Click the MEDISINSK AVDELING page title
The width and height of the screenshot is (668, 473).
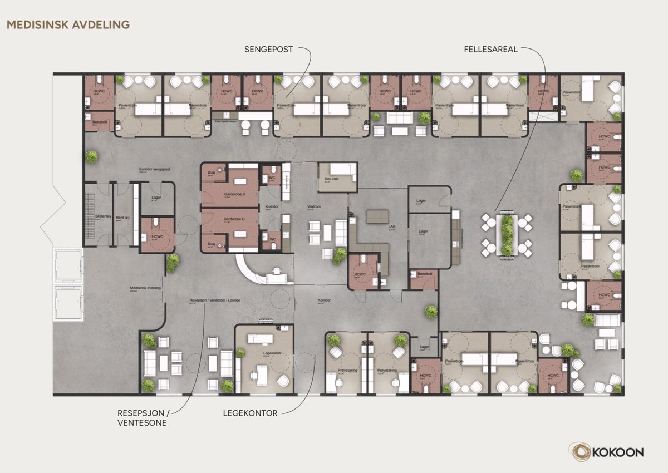(68, 24)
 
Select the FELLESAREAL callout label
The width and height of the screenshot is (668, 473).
(491, 49)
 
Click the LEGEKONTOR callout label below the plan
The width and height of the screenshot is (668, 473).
(250, 413)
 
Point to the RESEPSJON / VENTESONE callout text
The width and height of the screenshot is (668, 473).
(142, 418)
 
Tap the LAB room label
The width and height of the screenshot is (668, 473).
(391, 228)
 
